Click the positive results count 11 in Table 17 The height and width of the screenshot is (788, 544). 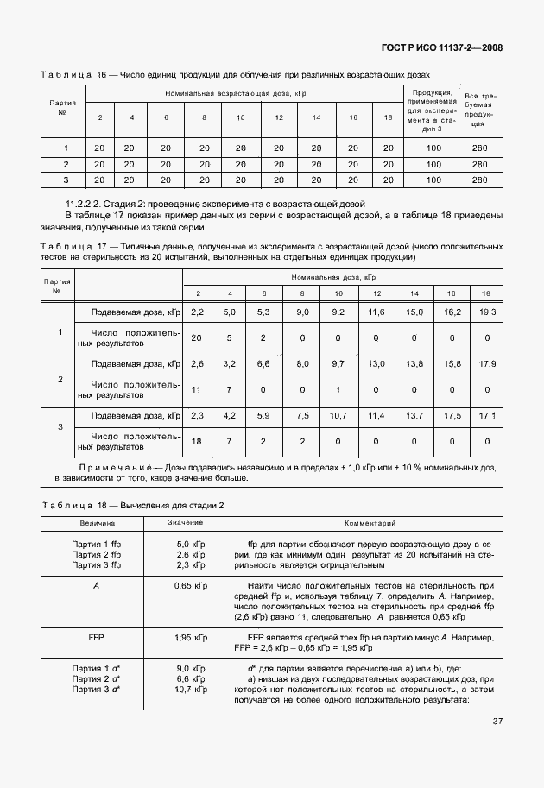coord(196,389)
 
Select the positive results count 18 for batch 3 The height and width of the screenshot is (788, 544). coord(196,441)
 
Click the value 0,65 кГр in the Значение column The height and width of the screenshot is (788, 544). coord(188,585)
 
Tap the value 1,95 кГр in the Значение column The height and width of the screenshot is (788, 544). coord(188,638)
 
